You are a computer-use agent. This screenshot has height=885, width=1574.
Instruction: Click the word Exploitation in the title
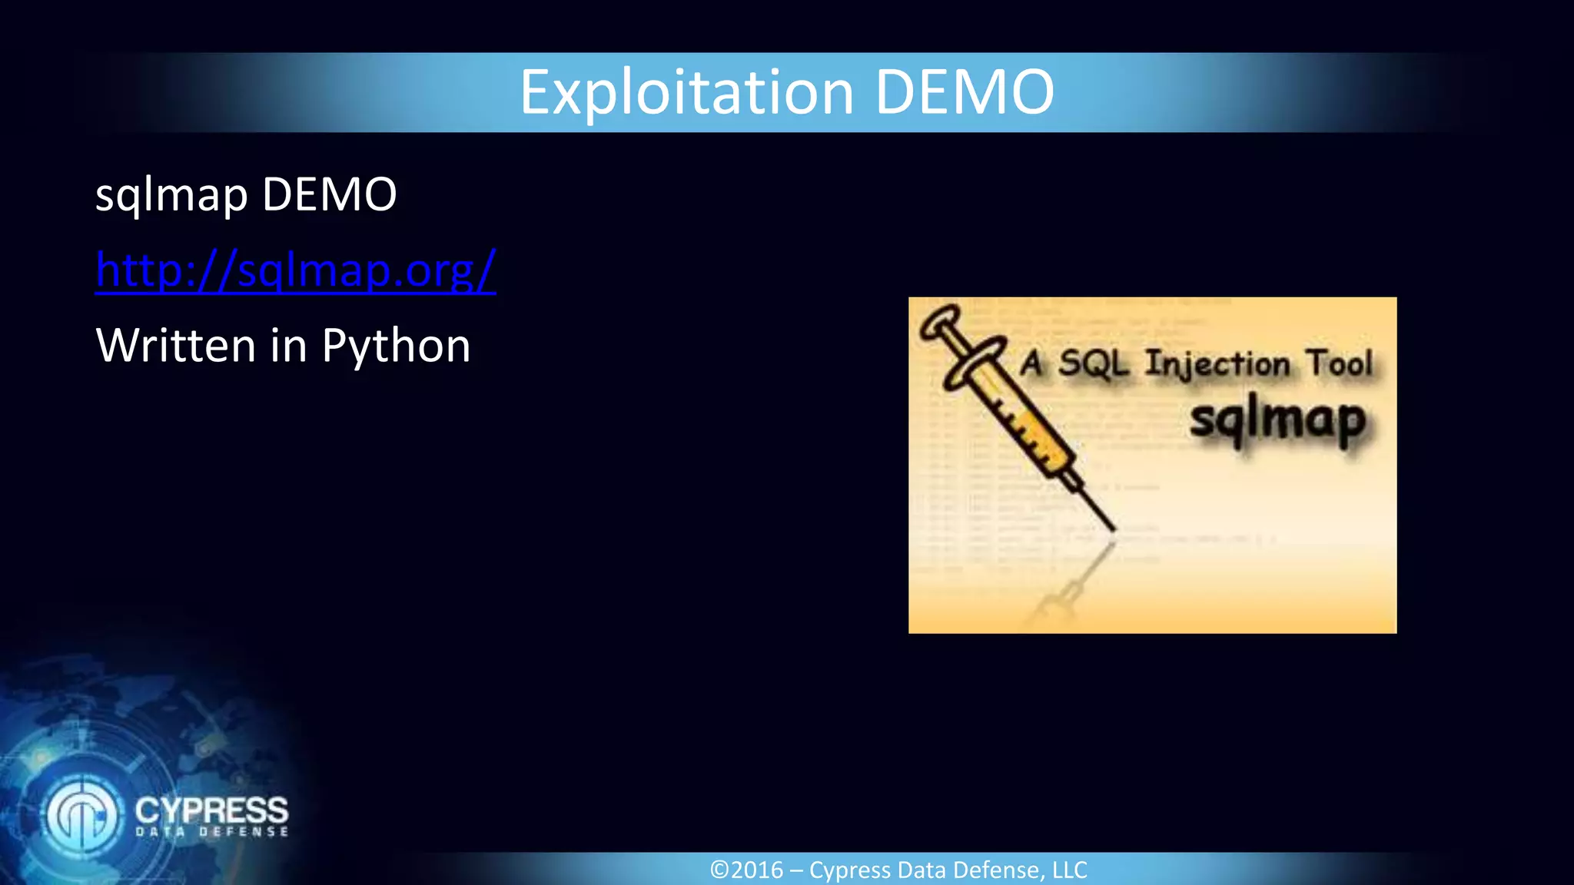point(686,93)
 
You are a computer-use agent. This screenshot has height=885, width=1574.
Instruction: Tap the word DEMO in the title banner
point(965,93)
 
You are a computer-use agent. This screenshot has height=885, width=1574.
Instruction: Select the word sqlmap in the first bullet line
point(171,195)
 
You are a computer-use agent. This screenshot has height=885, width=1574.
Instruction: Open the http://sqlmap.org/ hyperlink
point(295,270)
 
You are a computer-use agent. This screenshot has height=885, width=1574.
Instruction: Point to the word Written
point(175,345)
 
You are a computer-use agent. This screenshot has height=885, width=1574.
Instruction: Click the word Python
point(396,346)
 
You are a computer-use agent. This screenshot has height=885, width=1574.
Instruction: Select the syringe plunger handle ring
point(941,321)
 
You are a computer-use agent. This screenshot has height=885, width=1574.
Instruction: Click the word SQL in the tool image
point(1094,363)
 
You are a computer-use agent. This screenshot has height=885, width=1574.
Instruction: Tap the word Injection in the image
point(1217,364)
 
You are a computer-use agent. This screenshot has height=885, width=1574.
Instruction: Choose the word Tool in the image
point(1340,363)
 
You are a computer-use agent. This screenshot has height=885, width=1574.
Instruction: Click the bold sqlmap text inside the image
point(1277,420)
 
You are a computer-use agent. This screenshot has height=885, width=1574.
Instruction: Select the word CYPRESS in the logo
point(211,810)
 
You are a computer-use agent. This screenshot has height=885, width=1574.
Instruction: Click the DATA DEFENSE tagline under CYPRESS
point(212,832)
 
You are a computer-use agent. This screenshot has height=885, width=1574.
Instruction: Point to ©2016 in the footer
point(746,870)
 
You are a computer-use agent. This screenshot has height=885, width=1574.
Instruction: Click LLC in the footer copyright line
point(1069,870)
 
